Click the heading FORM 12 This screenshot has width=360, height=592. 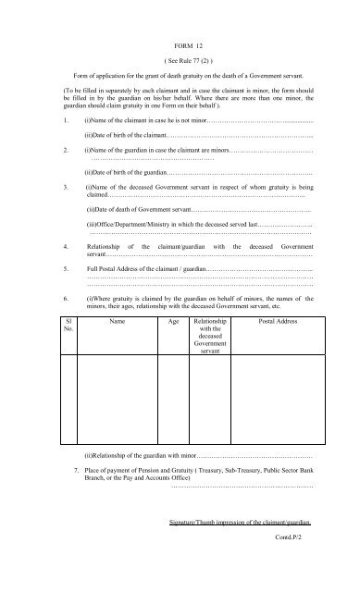pyautogui.click(x=188, y=44)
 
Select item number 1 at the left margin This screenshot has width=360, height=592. pyautogui.click(x=57, y=120)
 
